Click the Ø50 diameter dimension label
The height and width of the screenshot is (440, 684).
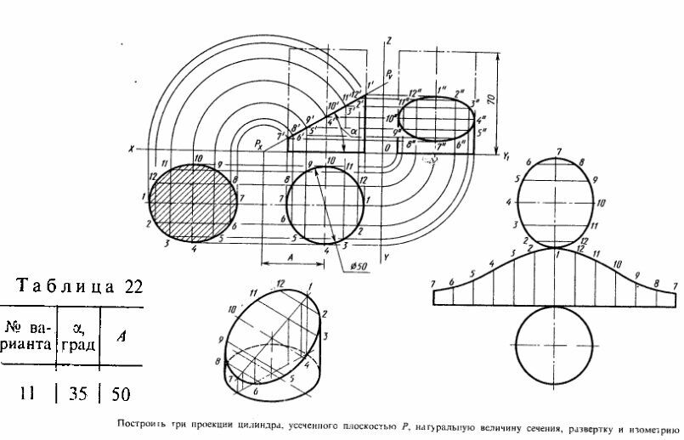(x=360, y=268)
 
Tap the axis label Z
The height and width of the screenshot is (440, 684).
(x=387, y=40)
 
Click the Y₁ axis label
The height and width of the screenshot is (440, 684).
(x=506, y=158)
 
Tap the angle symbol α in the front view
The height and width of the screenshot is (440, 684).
(x=355, y=133)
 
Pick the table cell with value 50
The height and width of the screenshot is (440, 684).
(x=122, y=395)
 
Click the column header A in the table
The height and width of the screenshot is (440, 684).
(x=122, y=337)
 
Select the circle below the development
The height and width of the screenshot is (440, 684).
(x=557, y=343)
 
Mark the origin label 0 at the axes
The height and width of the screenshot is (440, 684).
(x=387, y=146)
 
